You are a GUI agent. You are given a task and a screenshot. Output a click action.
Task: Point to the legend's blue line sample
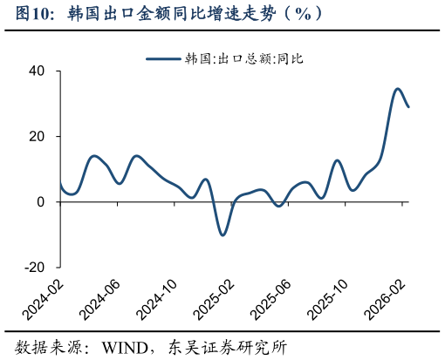(x=163, y=58)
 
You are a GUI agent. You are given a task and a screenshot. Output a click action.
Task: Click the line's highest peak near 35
(x=397, y=89)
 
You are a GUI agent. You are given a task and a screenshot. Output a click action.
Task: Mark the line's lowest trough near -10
(x=222, y=234)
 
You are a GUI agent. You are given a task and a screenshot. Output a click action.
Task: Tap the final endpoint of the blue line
(x=408, y=106)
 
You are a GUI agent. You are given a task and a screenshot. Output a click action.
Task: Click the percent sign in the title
(x=303, y=13)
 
